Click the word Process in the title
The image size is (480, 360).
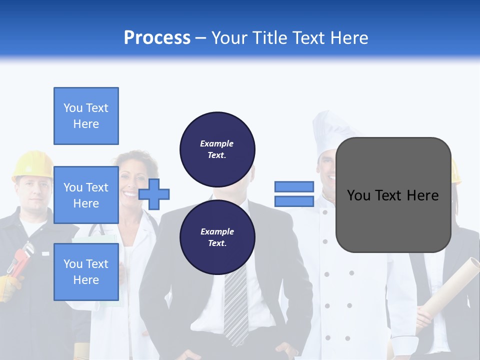click(157, 38)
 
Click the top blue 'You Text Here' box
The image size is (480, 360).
click(86, 116)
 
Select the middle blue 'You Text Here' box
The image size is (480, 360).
click(86, 195)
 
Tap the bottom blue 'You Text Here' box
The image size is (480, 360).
click(86, 271)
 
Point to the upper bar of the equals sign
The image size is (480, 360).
click(294, 186)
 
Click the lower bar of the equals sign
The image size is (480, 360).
click(294, 201)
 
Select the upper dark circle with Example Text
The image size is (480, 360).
click(217, 149)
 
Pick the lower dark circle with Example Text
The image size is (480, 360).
click(217, 237)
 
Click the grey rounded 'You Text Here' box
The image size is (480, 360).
click(393, 195)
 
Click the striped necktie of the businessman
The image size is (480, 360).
click(235, 305)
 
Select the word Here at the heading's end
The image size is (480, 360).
click(348, 38)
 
